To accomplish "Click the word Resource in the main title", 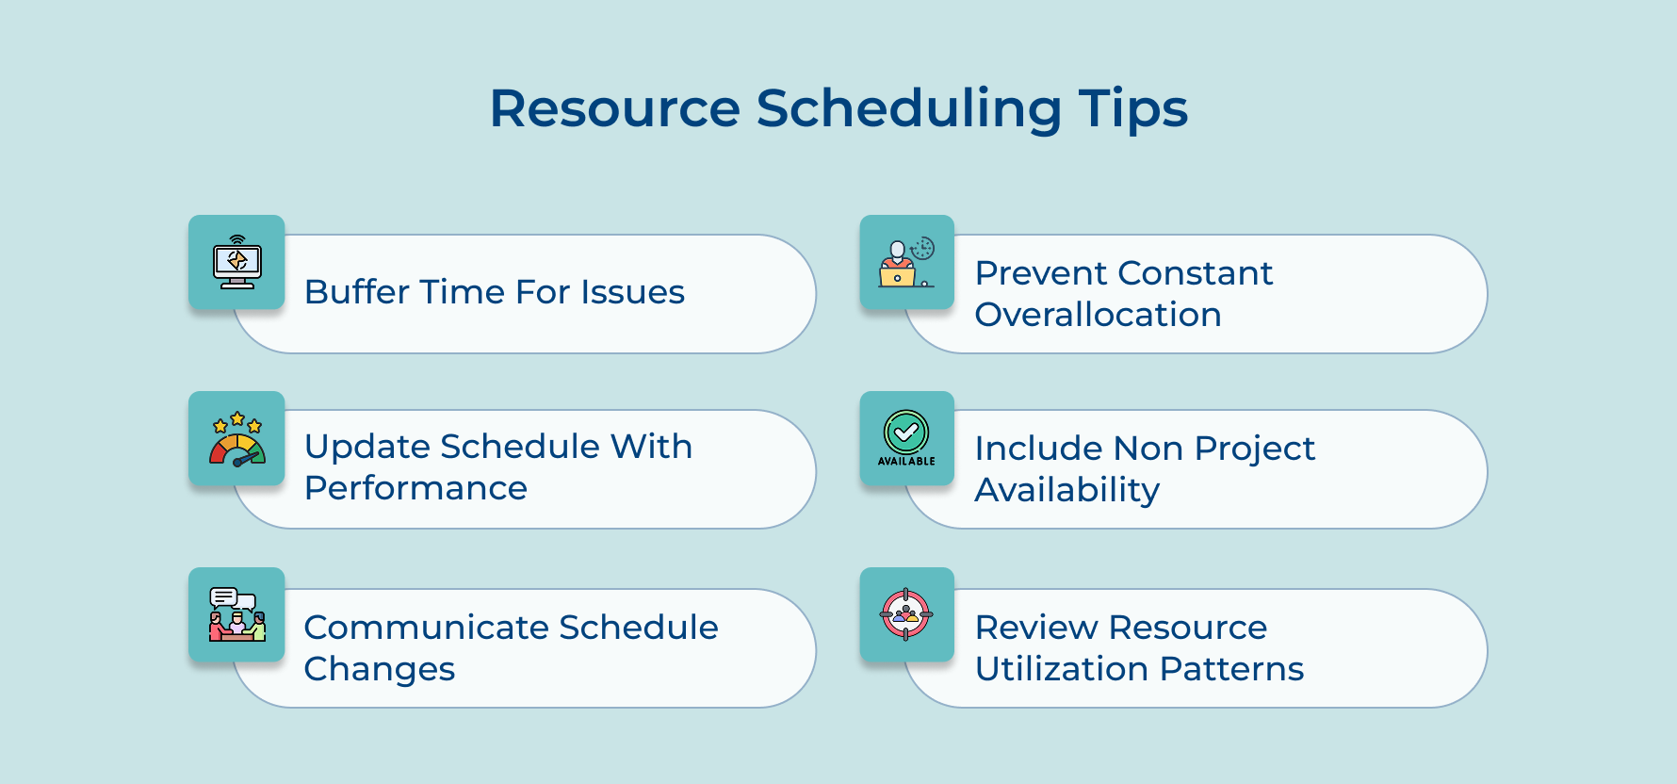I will click(614, 108).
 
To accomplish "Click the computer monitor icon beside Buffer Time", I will click(236, 262).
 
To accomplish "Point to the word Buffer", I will click(357, 292).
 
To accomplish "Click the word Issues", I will click(632, 292).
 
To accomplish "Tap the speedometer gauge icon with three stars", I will click(236, 439).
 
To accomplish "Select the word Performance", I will click(415, 488).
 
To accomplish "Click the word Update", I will click(366, 447).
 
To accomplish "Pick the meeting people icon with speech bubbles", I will click(236, 614).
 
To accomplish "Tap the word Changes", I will click(380, 669).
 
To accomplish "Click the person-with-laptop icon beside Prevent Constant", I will click(906, 262).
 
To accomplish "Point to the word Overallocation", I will click(1098, 315).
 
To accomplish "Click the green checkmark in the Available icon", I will click(906, 433).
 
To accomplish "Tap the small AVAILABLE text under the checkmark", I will click(906, 462).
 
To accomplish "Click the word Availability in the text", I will click(1066, 490).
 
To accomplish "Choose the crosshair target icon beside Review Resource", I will click(906, 614).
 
